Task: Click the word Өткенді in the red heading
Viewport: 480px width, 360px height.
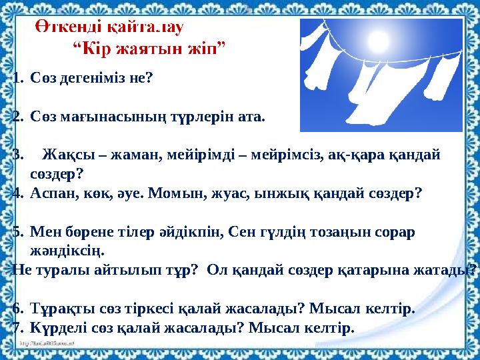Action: tap(61, 29)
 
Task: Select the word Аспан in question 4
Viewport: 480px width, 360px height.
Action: tap(51, 193)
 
